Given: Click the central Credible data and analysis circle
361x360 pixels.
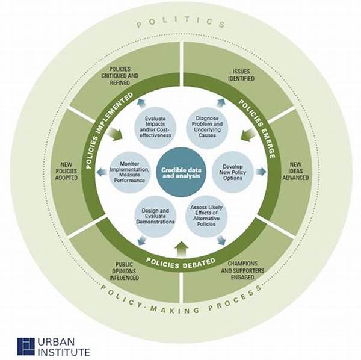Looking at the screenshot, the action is tap(181, 173).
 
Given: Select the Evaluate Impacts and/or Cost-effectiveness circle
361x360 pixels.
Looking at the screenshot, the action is tap(155, 127).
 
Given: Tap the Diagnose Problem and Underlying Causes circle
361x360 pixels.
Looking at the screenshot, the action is tap(207, 127).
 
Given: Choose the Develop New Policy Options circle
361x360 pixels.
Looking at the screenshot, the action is tap(232, 172).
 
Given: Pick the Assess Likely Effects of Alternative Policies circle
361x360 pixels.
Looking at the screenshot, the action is tap(206, 216).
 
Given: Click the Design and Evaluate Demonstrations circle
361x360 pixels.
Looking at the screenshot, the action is tap(155, 216).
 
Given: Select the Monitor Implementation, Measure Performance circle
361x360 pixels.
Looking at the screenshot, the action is tap(129, 172).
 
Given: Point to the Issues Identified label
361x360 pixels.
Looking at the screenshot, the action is tap(241, 75).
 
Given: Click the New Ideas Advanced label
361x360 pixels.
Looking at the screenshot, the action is tap(295, 171).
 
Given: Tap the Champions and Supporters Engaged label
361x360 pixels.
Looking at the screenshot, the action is tap(242, 270).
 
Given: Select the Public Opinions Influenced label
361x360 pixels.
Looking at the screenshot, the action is tap(124, 271).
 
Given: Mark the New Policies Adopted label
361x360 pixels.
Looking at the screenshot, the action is tap(66, 171).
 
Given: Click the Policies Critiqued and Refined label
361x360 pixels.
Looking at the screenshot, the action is tap(120, 76).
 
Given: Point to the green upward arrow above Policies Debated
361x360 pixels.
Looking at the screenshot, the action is tap(182, 249).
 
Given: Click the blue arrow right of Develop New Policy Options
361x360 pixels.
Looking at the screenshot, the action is tap(261, 172).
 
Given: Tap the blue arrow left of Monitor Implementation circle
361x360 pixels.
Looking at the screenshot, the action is tap(101, 172).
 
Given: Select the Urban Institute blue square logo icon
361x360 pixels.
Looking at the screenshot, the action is tap(26, 346).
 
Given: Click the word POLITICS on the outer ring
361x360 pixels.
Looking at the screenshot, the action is tap(181, 22).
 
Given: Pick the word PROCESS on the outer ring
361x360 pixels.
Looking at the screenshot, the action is tap(235, 299).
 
